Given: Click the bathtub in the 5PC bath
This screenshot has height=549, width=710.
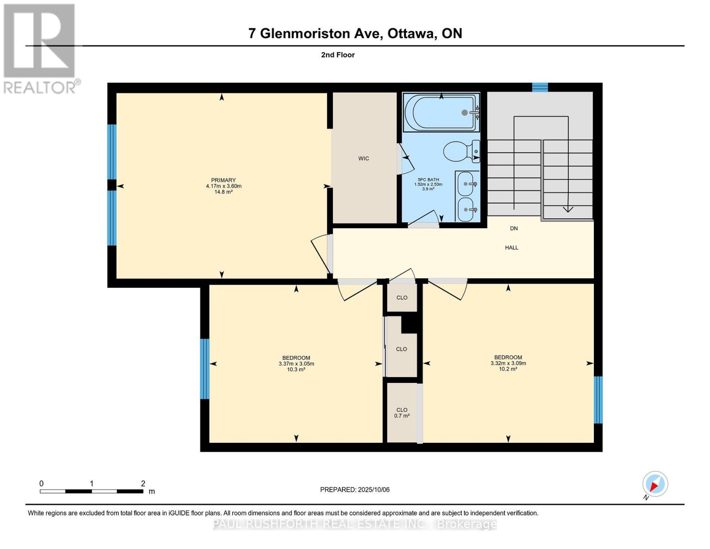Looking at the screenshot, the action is [441, 113].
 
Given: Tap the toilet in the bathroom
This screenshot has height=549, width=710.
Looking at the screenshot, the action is [461, 151].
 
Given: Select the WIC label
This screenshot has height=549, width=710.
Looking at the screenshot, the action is [363, 158].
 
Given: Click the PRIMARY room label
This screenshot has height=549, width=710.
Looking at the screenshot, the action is [223, 180].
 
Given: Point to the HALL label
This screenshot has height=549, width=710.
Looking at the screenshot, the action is [511, 248].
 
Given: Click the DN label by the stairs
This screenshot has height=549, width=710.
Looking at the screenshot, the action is [513, 228].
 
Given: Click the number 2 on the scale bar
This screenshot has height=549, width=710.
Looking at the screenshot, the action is [143, 483].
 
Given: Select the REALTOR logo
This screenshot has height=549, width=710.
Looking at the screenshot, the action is [41, 48].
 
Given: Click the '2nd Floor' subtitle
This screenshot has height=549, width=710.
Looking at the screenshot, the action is [337, 55].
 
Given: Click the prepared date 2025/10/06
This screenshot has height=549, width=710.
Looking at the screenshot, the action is [374, 490].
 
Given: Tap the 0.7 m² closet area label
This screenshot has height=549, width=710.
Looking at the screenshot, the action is [401, 415].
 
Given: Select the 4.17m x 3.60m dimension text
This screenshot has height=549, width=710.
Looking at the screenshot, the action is [224, 186].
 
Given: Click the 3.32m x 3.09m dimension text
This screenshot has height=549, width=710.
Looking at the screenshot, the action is [508, 363].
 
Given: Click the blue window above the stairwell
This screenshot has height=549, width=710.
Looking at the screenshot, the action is [540, 87].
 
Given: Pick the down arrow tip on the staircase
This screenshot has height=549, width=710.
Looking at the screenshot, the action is [568, 211].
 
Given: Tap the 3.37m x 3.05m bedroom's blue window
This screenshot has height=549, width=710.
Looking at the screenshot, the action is [204, 369].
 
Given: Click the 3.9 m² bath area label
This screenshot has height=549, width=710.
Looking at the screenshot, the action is [428, 188].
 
